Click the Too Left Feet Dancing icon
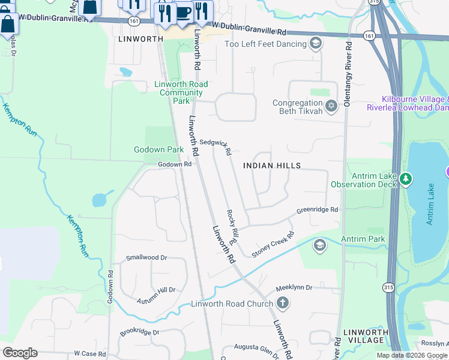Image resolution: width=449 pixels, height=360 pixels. tap(316, 43)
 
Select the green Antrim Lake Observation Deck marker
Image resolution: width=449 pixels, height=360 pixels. tap(406, 179)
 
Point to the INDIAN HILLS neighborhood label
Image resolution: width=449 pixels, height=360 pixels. tap(271, 165)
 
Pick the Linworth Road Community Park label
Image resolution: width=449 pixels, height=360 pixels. tap(181, 92)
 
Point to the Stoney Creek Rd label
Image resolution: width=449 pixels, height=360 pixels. tap(273, 245)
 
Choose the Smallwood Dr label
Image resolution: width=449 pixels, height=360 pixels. tap(146, 258)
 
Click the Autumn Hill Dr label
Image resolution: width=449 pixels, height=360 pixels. tap(155, 290)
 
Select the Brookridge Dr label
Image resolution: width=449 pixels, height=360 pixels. tap(139, 332)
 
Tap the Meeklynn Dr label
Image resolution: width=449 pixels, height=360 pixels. tap(294, 288)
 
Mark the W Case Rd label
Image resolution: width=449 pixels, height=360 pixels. tap(89, 354)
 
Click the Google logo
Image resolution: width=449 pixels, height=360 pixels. tap(20, 353)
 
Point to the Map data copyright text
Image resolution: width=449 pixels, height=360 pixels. tap(412, 355)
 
